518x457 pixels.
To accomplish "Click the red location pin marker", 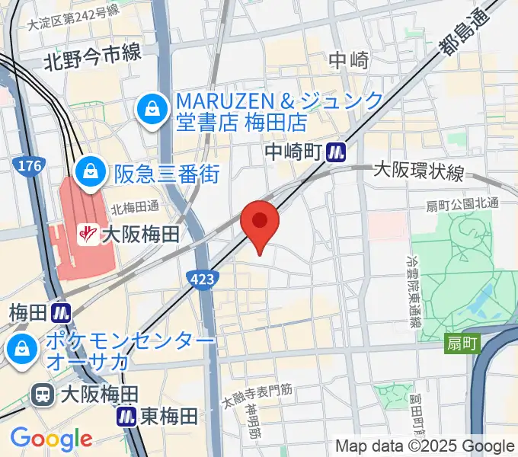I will (260, 222).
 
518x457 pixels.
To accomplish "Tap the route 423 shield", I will (201, 280).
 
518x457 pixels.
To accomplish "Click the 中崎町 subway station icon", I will (335, 152).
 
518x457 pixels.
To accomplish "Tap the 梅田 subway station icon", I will (62, 312).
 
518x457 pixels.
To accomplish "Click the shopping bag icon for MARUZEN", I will (152, 109).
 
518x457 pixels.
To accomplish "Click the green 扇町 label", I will (462, 344).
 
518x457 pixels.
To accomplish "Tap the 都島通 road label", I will (457, 34).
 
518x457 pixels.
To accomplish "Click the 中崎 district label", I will (350, 60).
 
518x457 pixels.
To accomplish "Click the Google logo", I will (51, 439).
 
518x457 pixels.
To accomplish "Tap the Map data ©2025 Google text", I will (425, 446).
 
